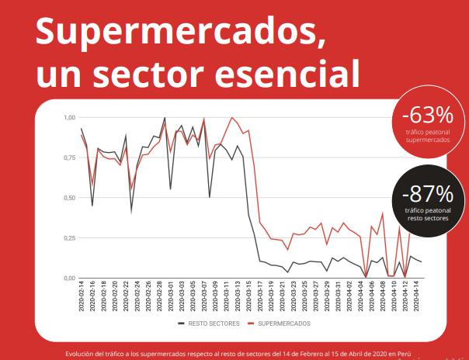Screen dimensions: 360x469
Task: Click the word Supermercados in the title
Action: (x=174, y=32)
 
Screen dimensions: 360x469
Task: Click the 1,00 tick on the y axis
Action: (x=68, y=117)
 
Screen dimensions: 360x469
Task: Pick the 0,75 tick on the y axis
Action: (x=68, y=157)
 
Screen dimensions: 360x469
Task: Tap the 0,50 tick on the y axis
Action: (x=68, y=198)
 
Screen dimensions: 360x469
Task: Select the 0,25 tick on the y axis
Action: (x=68, y=237)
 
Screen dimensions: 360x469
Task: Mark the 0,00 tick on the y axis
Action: (x=68, y=278)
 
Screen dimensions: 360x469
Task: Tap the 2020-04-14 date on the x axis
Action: (x=419, y=298)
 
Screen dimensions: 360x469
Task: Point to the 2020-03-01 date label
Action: (x=172, y=298)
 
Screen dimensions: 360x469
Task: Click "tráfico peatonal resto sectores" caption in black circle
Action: (x=426, y=214)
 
